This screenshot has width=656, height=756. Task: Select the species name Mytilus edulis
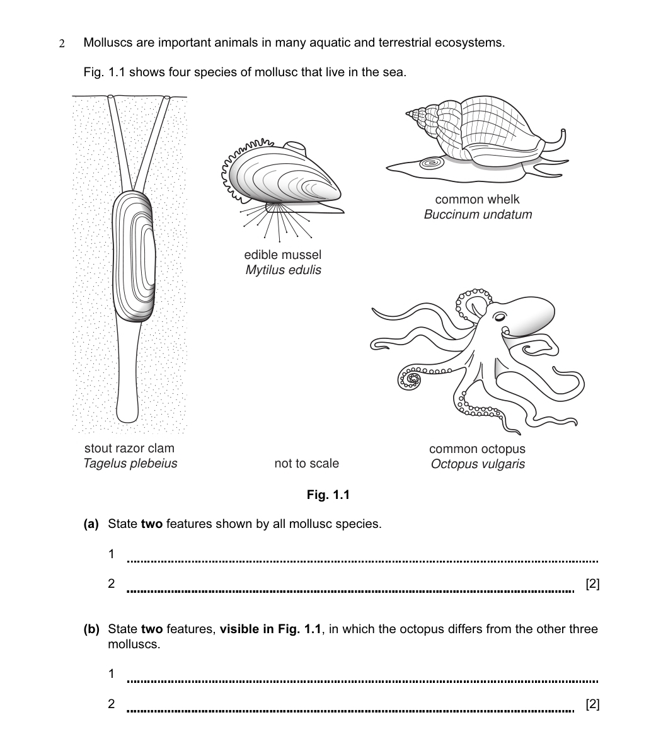[283, 270]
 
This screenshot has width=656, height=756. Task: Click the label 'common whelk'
[477, 200]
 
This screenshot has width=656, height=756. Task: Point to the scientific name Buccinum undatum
[478, 215]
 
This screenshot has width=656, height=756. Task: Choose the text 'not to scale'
[306, 464]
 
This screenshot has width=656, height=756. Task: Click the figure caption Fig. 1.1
[328, 495]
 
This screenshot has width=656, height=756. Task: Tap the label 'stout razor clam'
[129, 449]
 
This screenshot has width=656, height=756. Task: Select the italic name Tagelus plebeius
[130, 464]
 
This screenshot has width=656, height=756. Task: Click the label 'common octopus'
[477, 449]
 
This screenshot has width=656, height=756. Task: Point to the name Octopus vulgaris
[478, 464]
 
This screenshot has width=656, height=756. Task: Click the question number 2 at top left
[62, 44]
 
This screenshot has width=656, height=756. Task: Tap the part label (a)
[91, 524]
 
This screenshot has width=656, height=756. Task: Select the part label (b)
[91, 629]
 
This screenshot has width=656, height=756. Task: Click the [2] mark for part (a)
[592, 584]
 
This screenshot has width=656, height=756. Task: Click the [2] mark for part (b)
[592, 704]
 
